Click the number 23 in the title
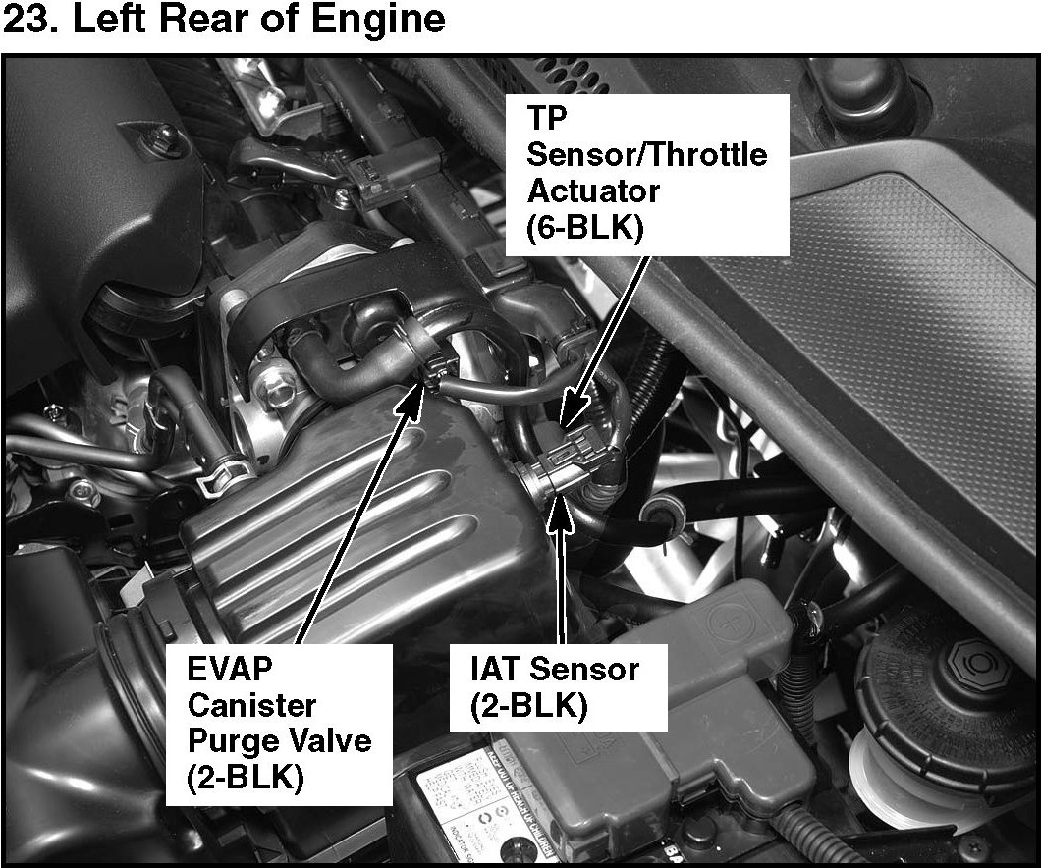(26, 19)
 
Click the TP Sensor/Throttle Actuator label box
(647, 175)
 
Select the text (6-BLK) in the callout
(585, 228)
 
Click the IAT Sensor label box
(558, 686)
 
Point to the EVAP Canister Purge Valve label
(279, 724)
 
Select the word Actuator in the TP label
(593, 191)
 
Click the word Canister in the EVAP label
(251, 705)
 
